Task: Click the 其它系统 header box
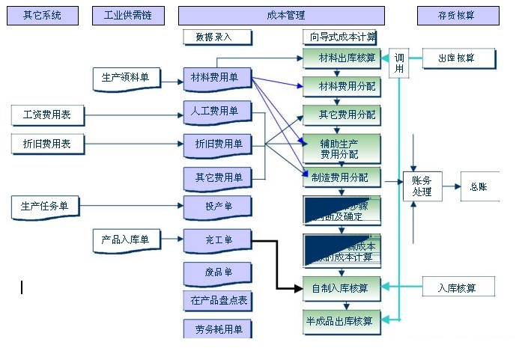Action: [42, 16]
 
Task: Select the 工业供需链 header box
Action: [128, 16]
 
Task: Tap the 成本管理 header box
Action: [282, 16]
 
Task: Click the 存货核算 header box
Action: [458, 16]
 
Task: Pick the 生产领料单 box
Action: [126, 77]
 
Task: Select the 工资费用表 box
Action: [47, 115]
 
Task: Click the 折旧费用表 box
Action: [47, 144]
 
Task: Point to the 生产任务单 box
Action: [45, 206]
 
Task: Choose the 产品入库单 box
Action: [126, 240]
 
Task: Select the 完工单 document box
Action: [216, 241]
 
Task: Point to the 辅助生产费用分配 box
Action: [342, 148]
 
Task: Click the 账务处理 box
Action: [422, 187]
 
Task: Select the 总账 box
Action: [479, 187]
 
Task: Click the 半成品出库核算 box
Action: [342, 322]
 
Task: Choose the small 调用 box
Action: [399, 64]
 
